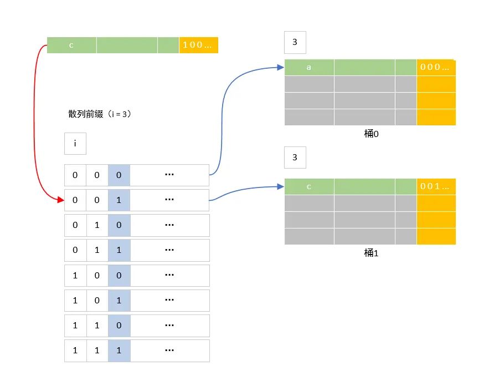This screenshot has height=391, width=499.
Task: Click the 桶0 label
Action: [x=369, y=134]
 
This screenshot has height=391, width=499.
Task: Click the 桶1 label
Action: [x=369, y=253]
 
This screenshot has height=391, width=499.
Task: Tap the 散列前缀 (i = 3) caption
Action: [x=100, y=114]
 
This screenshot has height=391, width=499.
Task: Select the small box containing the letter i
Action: [x=75, y=144]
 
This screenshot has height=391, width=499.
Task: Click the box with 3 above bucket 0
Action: [x=295, y=42]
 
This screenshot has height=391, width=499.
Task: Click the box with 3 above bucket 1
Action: [x=295, y=158]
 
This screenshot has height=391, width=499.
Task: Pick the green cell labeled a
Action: [x=309, y=67]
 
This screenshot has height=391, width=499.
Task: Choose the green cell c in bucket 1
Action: [x=309, y=186]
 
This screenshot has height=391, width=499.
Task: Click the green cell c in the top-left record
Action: [x=71, y=45]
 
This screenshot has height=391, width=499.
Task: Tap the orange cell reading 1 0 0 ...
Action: [x=198, y=45]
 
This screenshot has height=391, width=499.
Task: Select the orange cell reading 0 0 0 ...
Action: [x=436, y=67]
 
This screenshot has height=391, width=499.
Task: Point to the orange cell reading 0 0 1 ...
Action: [x=436, y=186]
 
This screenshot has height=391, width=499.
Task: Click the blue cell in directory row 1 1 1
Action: [x=119, y=351]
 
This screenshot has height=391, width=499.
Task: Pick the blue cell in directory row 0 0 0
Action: [x=119, y=175]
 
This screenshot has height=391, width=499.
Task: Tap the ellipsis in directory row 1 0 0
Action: [x=169, y=276]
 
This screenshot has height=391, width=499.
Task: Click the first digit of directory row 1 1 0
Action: [x=75, y=326]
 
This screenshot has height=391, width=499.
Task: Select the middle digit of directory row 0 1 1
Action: [x=97, y=250]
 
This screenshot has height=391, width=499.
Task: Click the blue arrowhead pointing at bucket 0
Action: [x=281, y=68]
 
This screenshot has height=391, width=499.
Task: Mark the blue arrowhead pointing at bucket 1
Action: [x=281, y=187]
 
